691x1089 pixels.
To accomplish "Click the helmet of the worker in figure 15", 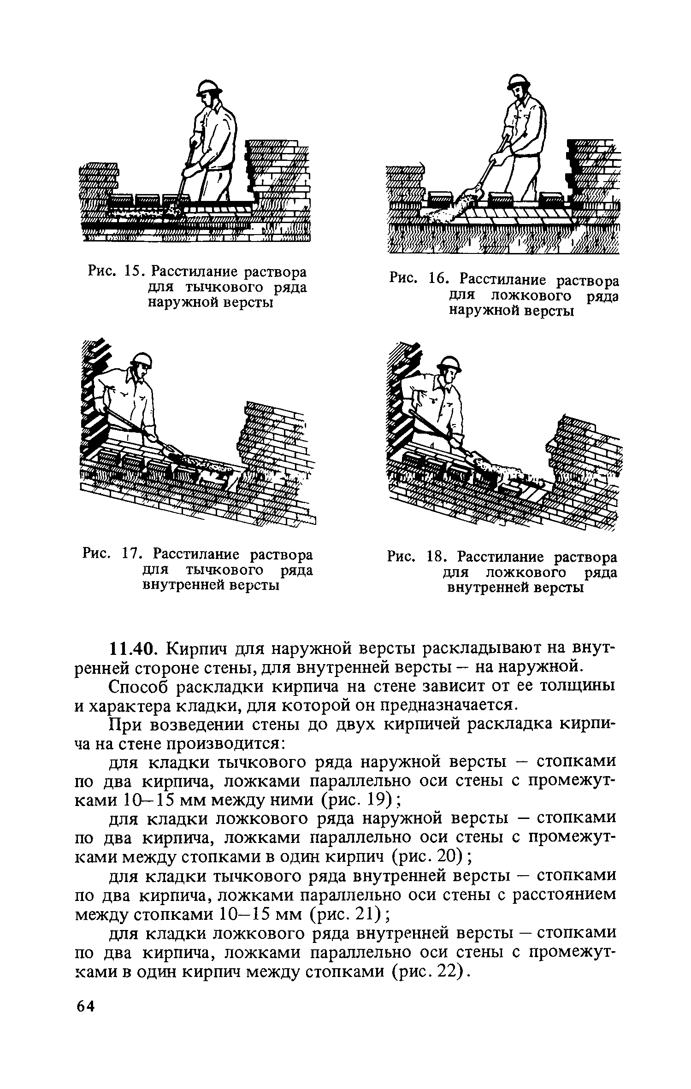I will tap(208, 86).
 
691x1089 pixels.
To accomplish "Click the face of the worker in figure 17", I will tap(140, 372).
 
